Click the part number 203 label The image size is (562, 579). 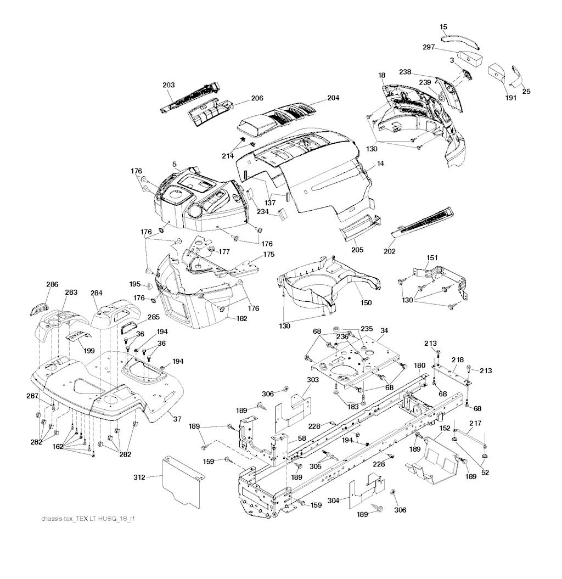click(x=169, y=85)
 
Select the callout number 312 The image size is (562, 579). click(x=139, y=478)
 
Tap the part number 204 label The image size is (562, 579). click(x=333, y=98)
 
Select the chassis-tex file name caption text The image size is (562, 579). click(x=88, y=518)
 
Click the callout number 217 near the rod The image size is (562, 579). click(x=475, y=423)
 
